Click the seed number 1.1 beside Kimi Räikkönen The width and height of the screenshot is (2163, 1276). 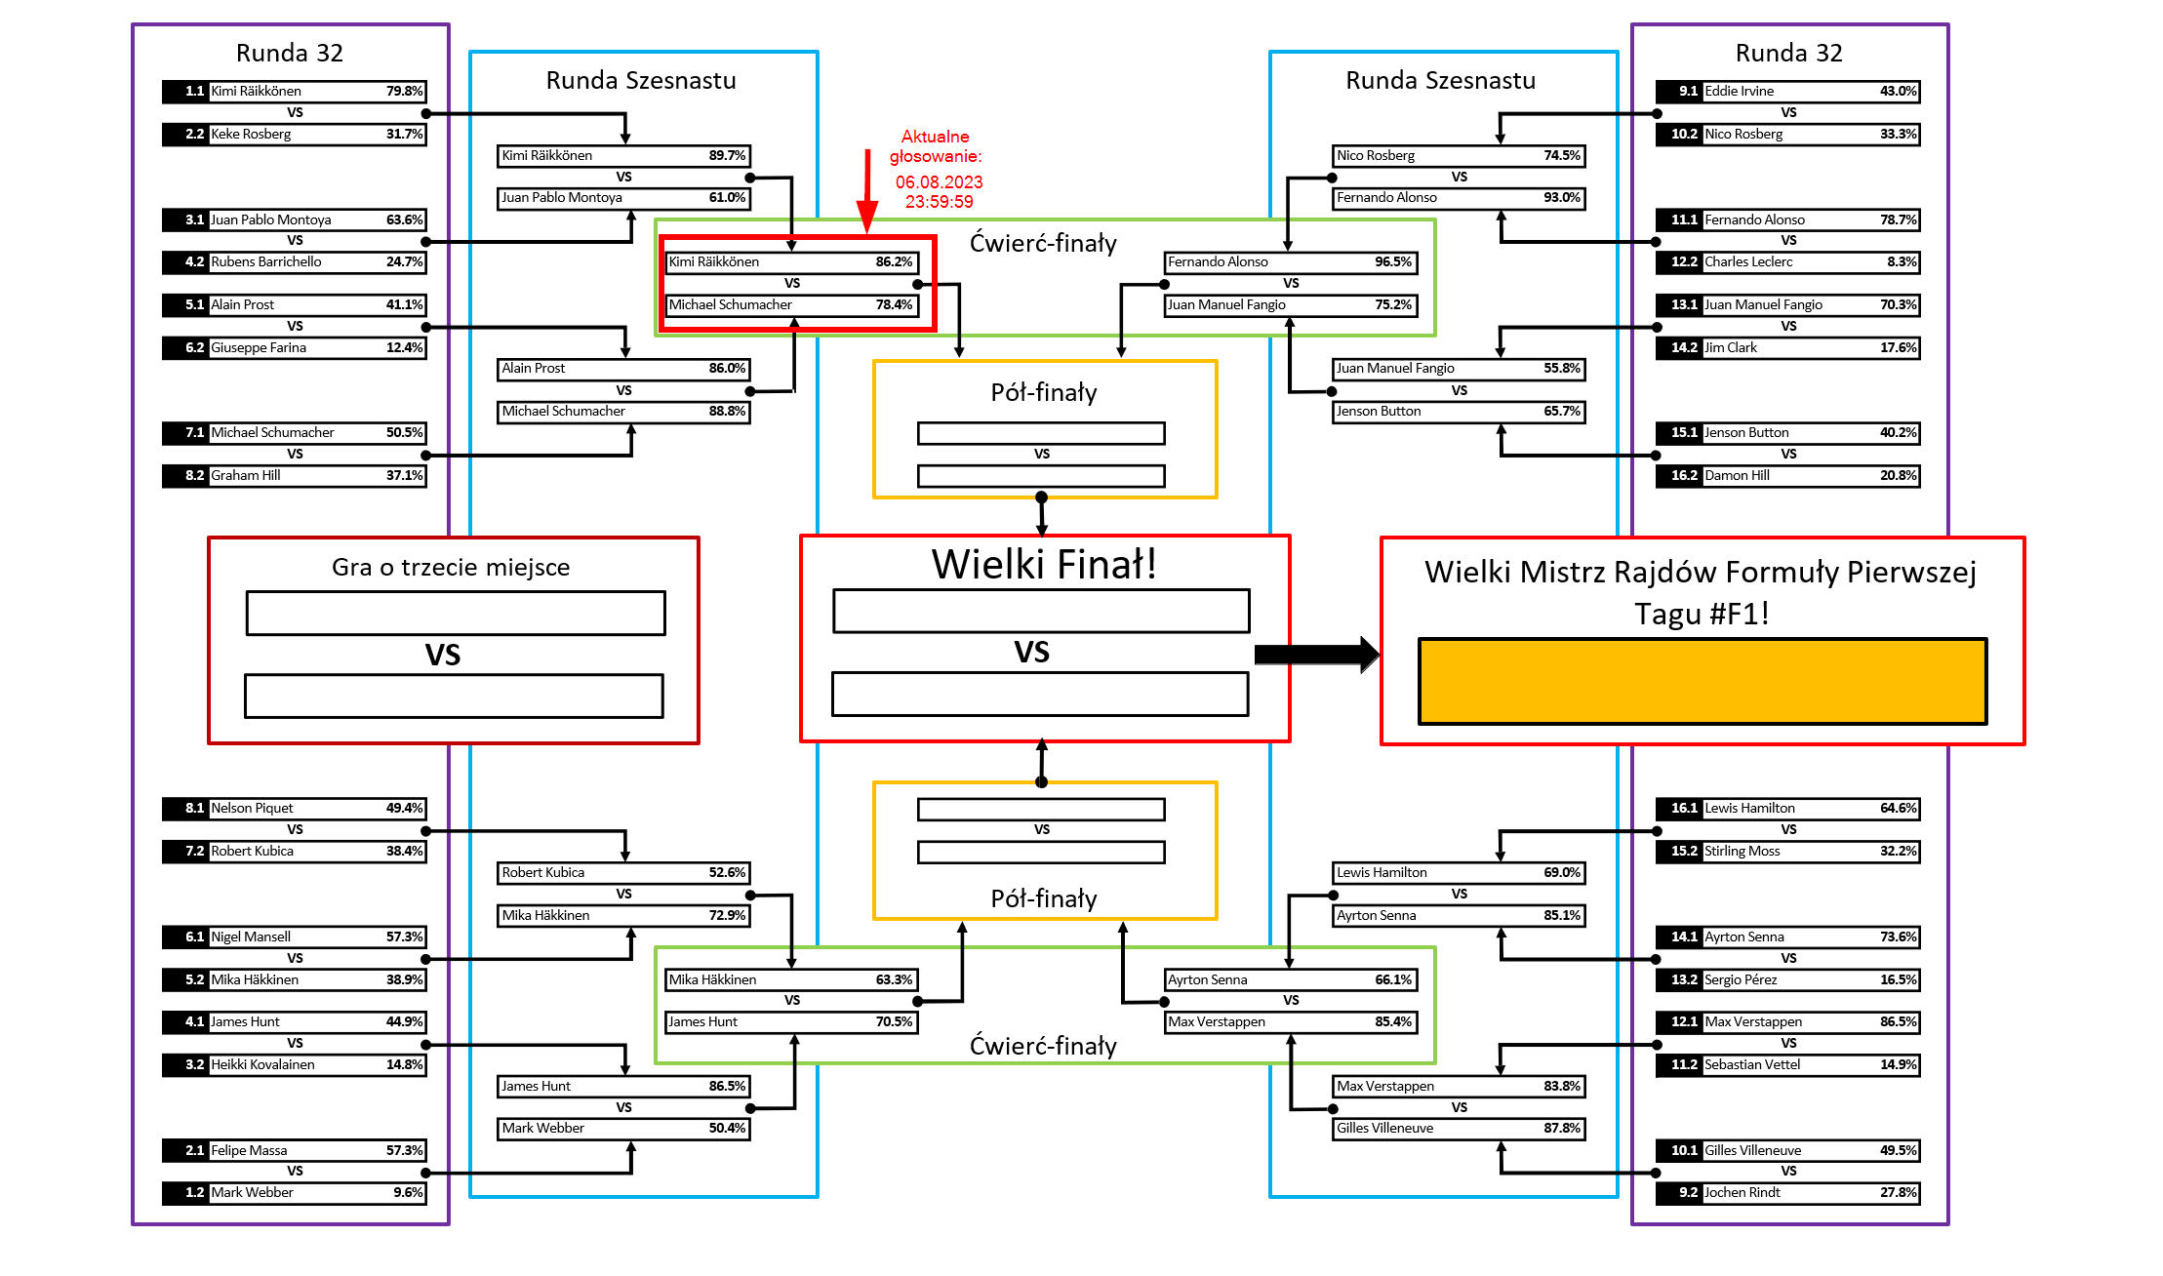tap(194, 92)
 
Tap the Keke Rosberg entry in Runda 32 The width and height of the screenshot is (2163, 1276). tap(251, 135)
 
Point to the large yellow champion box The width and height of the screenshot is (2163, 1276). tap(1702, 682)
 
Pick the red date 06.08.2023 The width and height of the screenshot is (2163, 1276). tap(939, 182)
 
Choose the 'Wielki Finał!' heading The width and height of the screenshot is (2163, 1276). tap(1044, 565)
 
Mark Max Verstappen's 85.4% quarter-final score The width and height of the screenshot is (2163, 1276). tap(1392, 1022)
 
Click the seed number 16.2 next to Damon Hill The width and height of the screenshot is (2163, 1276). tap(1683, 476)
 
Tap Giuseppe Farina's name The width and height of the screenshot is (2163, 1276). tap(259, 348)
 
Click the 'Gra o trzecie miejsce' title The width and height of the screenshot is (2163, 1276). tap(451, 568)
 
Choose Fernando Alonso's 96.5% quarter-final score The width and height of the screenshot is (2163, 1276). tap(1392, 262)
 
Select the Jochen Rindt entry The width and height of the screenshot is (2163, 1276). tap(1742, 1193)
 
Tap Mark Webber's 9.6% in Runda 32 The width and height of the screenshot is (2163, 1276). tap(408, 1193)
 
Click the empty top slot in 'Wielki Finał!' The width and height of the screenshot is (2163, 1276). tap(1041, 612)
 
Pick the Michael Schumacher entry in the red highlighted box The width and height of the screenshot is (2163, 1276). tap(731, 305)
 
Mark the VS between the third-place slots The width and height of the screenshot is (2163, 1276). tap(443, 656)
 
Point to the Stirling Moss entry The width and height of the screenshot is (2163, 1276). tap(1742, 852)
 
